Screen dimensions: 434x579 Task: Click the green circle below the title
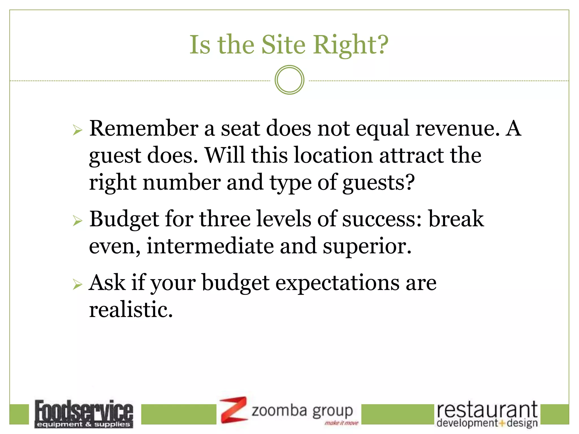click(x=289, y=80)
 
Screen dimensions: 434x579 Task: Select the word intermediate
click(x=210, y=246)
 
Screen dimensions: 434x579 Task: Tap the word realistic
click(x=131, y=309)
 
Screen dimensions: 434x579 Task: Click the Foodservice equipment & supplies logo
click(x=84, y=414)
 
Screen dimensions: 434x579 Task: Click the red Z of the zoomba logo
click(x=233, y=410)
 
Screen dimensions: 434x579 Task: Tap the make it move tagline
click(x=341, y=423)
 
